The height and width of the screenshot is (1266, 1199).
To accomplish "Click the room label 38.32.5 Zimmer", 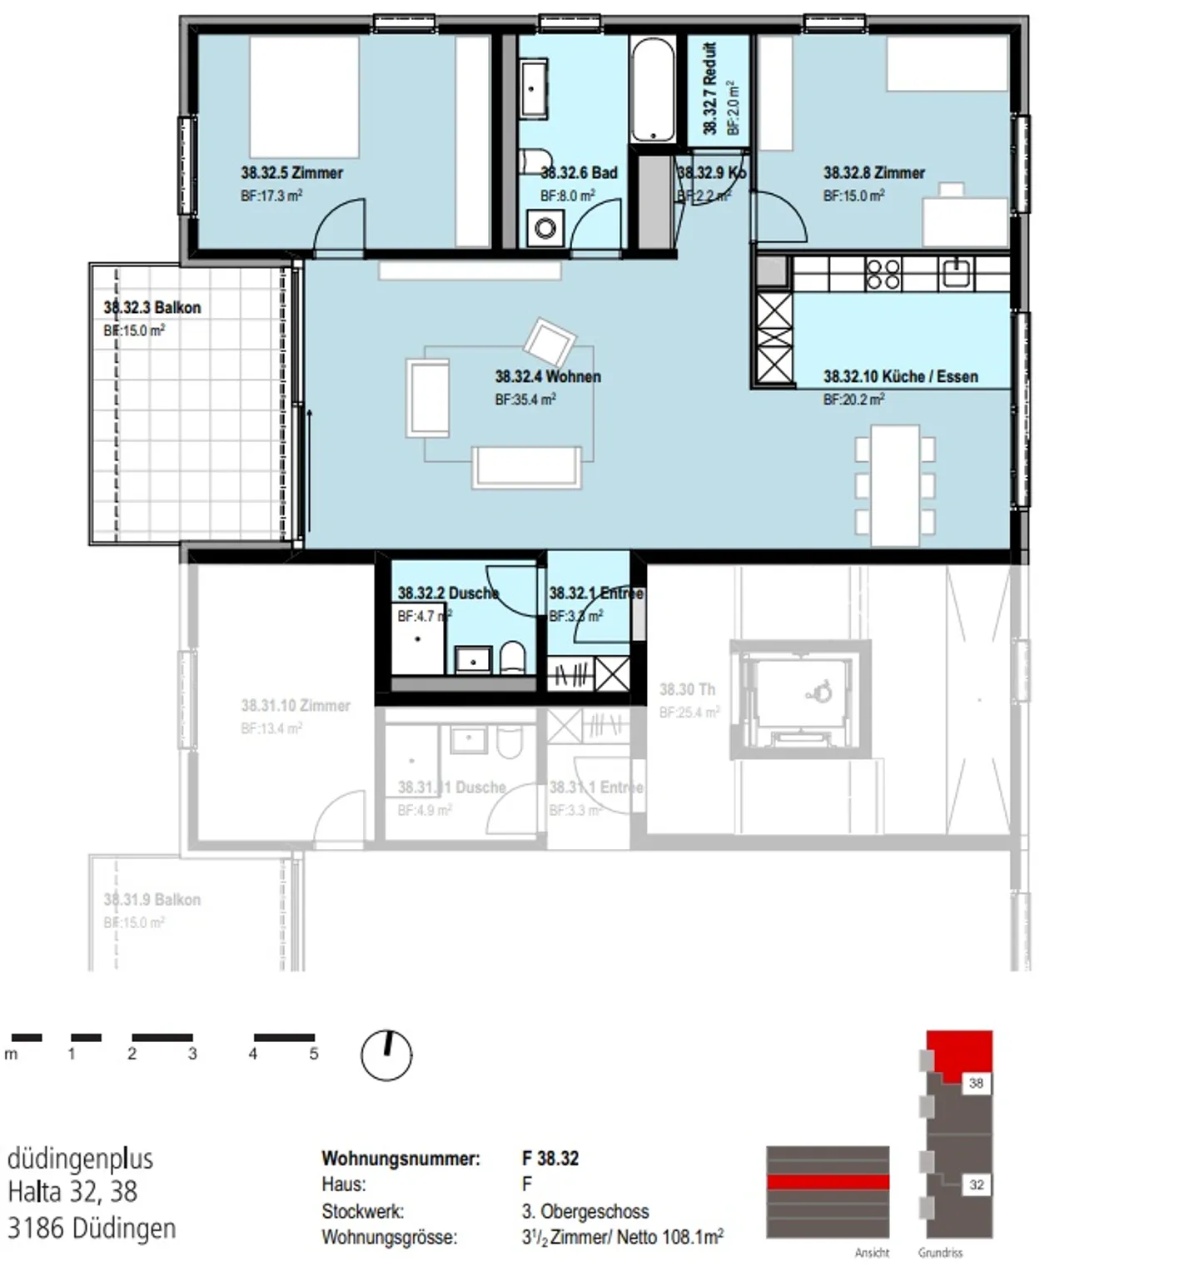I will point(291,173).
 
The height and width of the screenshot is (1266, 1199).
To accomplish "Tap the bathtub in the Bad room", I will point(652,90).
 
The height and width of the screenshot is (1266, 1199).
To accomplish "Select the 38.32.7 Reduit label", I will point(710,89).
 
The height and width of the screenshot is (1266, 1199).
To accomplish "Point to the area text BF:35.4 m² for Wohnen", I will point(525,400).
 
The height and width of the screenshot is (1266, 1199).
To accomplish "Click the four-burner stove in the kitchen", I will point(883,273).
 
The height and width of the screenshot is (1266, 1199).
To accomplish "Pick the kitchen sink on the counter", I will point(956,273).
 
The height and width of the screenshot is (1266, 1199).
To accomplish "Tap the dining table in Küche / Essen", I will point(895,485).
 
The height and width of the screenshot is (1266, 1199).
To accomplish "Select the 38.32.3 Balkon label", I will point(152,308).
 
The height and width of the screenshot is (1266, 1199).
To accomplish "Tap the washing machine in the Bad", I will point(545,227).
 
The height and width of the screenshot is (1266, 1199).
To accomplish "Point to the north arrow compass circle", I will point(386,1055).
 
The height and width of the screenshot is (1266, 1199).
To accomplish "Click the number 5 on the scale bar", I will point(314,1054).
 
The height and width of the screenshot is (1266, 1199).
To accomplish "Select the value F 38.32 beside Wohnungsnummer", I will point(550,1158).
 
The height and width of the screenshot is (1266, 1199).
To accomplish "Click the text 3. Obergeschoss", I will point(585,1211).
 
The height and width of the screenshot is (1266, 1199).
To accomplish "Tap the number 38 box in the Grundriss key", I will point(976,1083).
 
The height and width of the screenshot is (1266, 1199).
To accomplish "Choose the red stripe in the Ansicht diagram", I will point(828,1182).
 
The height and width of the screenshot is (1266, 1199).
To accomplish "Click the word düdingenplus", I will point(80,1158).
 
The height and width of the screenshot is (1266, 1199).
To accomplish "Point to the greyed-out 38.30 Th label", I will point(687,689).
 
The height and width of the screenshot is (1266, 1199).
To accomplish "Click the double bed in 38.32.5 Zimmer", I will point(304,96).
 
